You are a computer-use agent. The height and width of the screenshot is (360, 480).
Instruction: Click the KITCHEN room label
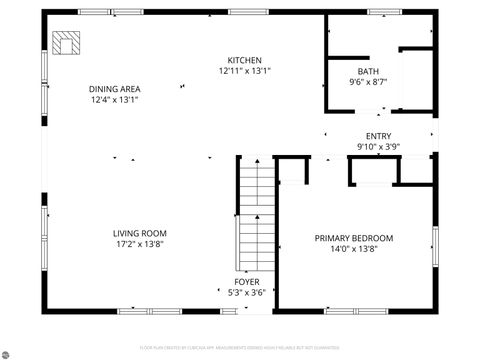click(244, 59)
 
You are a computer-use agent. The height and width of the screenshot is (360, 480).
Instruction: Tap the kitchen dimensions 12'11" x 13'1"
click(244, 71)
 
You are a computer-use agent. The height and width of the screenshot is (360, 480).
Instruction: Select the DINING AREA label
click(115, 88)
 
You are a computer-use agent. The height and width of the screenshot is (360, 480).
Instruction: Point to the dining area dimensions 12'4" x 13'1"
click(115, 100)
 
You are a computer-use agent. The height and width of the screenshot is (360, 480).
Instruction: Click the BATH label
click(367, 71)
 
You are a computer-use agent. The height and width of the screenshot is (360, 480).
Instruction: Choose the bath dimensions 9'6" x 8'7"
click(367, 83)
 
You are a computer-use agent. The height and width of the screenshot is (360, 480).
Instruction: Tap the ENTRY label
click(378, 136)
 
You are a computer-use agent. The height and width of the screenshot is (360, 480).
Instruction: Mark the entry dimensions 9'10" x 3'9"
click(378, 148)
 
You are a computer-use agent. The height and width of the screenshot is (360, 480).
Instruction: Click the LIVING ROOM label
click(139, 233)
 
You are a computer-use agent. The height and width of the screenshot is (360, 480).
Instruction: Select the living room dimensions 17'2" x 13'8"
click(139, 245)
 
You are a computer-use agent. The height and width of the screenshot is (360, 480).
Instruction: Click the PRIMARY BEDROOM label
click(354, 238)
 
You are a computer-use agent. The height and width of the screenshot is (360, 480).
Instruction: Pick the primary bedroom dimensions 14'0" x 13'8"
click(354, 250)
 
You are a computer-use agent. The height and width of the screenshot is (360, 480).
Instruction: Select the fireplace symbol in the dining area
click(69, 43)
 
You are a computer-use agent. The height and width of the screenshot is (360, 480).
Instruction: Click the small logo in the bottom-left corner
click(8, 351)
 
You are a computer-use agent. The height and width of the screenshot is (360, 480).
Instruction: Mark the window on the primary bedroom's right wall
click(435, 245)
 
